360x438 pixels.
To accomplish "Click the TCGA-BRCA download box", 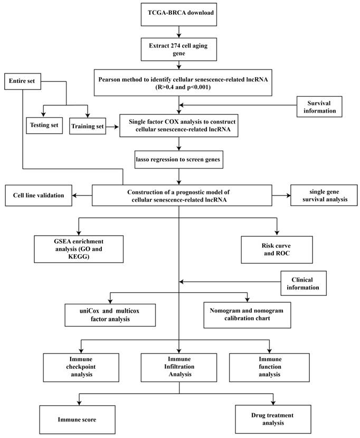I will (x=180, y=13).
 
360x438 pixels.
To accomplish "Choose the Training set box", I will (x=87, y=126).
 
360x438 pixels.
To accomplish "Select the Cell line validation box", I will (x=38, y=195).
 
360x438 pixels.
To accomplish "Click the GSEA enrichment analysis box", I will (x=79, y=249).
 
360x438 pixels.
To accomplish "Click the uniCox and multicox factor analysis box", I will (x=110, y=315).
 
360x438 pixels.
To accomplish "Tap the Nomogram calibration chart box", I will (x=247, y=315).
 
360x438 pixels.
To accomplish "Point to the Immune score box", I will (x=77, y=419).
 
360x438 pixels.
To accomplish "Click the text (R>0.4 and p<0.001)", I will (x=180, y=87).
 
